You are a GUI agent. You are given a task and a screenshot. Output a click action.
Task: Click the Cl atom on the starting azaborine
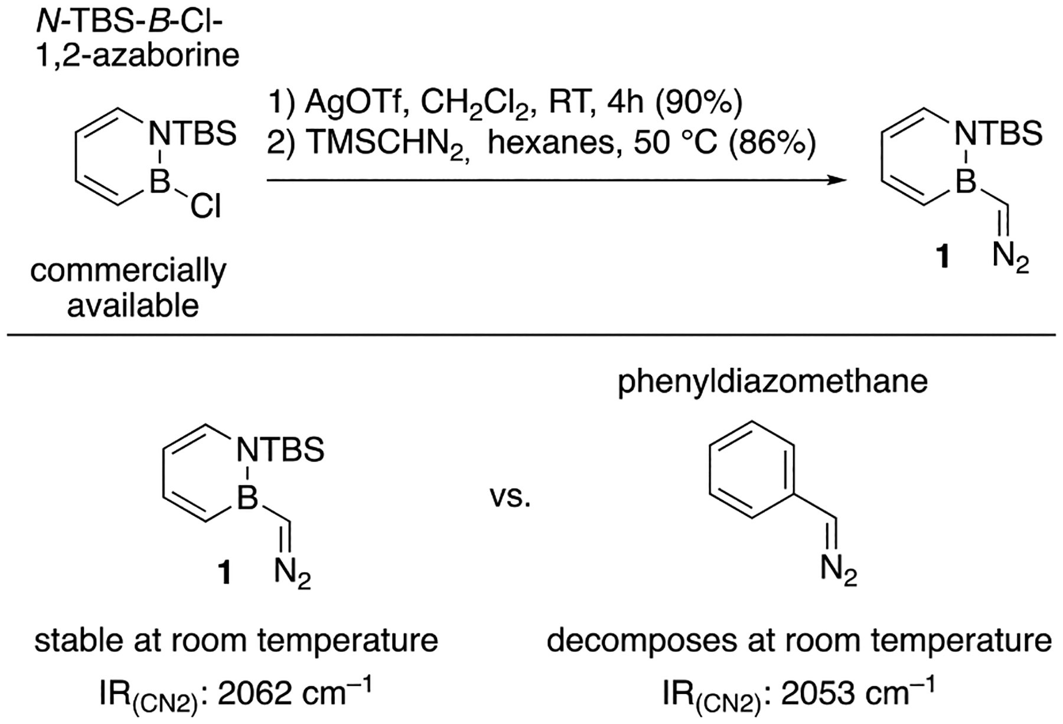tap(206, 208)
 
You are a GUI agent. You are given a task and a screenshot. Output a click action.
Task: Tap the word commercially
tap(128, 272)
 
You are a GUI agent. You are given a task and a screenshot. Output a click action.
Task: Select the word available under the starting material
tap(133, 306)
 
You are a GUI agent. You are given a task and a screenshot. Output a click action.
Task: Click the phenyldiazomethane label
tap(772, 382)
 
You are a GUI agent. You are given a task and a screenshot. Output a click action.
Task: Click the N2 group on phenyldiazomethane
tap(838, 571)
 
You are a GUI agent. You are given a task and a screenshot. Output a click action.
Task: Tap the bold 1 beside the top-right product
tap(943, 258)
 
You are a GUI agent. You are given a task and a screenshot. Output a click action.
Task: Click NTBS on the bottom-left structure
tap(280, 450)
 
